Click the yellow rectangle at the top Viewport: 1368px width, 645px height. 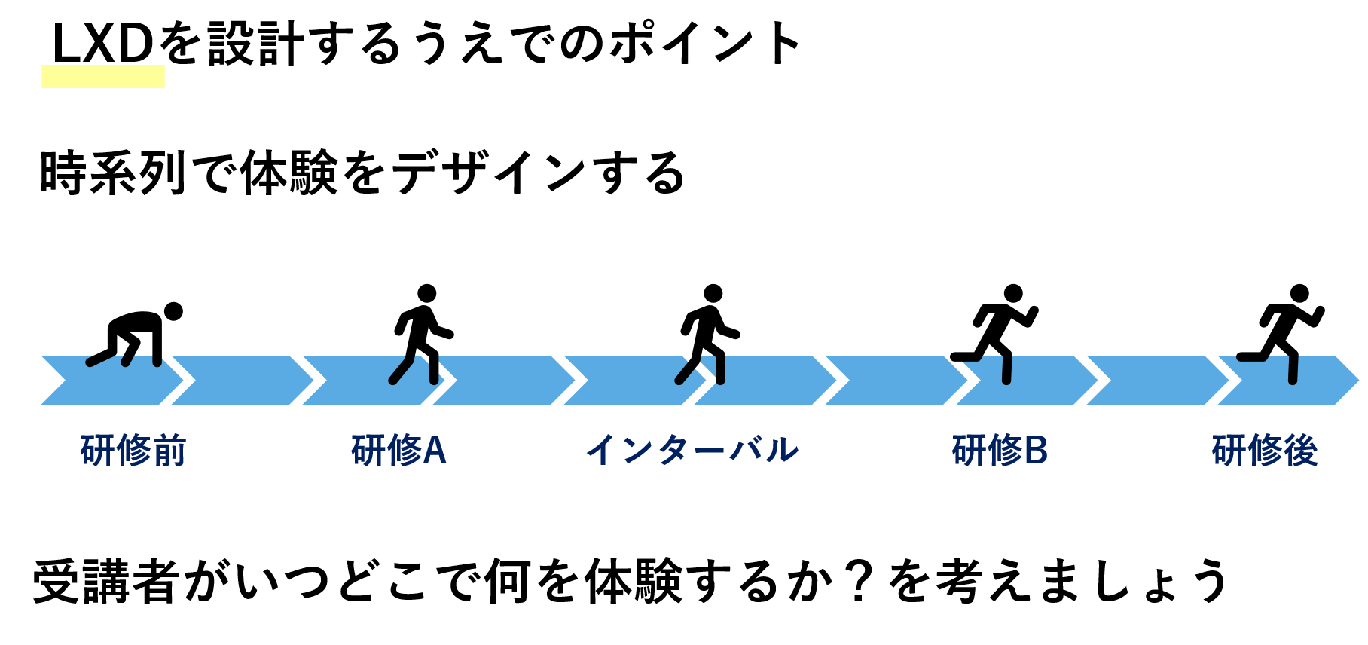pos(103,76)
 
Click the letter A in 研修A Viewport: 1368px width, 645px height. pos(435,451)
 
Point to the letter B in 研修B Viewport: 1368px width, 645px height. pos(1036,451)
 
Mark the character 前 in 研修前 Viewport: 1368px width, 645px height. pos(169,451)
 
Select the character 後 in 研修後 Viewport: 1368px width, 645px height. pos(1301,451)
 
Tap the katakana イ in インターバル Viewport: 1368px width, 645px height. pos(601,450)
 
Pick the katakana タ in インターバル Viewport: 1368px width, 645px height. pos(672,450)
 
